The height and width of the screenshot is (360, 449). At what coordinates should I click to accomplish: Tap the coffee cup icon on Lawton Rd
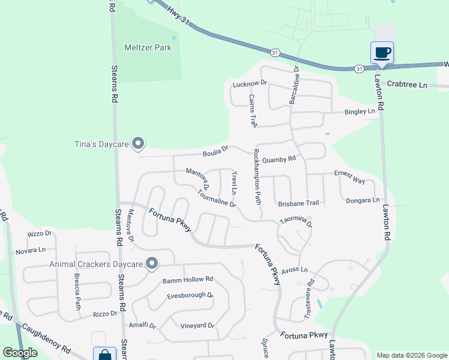click(382, 53)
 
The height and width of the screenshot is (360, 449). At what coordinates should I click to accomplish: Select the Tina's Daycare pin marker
click(139, 143)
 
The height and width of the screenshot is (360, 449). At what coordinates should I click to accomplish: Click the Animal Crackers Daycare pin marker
click(152, 263)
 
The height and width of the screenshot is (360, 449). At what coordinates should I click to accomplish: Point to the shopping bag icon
click(104, 355)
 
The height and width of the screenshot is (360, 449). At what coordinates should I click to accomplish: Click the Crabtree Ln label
click(406, 85)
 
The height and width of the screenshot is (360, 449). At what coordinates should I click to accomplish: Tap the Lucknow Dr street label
click(249, 83)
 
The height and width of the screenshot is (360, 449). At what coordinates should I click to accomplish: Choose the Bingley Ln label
click(359, 112)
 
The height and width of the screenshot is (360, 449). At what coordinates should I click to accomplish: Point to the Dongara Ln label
click(363, 200)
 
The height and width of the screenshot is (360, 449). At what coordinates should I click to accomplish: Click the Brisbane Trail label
click(298, 203)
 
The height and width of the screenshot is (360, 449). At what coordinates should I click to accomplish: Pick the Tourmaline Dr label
click(216, 199)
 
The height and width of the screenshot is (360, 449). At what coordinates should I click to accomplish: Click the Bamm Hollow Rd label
click(188, 280)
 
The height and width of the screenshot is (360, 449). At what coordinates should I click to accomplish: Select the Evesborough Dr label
click(190, 296)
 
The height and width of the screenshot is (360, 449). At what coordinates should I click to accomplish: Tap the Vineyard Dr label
click(197, 326)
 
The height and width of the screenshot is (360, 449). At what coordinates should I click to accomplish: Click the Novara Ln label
click(30, 250)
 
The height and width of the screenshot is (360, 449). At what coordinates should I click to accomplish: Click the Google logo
click(20, 352)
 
